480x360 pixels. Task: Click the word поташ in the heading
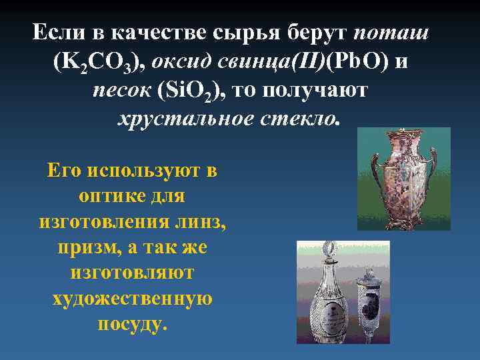(x=391, y=33)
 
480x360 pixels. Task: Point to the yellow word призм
(x=84, y=247)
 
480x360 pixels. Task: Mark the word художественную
(x=133, y=298)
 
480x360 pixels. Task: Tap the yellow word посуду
(x=133, y=323)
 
